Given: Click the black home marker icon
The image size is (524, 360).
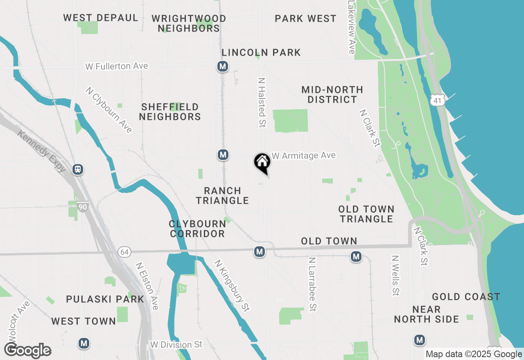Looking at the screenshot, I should tap(262, 163).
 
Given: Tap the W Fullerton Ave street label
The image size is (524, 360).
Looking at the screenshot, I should tap(117, 66).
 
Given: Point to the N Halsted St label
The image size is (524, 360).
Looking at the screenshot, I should tap(262, 102).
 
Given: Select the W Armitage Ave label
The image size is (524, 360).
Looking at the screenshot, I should tap(304, 155).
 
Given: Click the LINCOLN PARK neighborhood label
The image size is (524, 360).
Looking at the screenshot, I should tap(261, 53).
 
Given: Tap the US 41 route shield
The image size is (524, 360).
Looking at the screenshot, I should tap(437, 99).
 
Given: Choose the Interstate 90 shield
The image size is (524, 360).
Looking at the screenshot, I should tap(83, 207).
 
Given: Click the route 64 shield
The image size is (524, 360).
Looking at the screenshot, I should tap(124, 252).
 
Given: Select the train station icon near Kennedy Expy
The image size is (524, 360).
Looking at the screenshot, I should tap(77, 169).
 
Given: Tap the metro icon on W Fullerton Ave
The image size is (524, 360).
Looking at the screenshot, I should tap(223, 66).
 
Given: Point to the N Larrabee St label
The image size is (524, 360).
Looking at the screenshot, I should tap(312, 284).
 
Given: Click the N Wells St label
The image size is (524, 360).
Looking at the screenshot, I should tap(395, 275).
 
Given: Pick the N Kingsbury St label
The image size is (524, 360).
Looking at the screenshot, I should tap(232, 286).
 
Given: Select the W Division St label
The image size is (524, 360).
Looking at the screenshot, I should tap(176, 344).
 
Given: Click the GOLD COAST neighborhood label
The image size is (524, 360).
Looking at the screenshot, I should tap(466, 297).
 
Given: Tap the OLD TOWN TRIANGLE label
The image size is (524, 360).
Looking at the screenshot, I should tap(366, 214).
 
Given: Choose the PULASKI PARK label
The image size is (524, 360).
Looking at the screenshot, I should tap(105, 299).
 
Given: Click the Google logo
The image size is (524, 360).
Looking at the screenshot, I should tap(28, 351).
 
